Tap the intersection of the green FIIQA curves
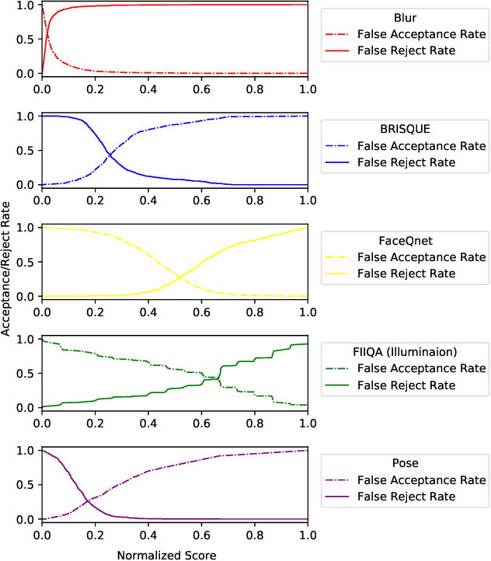219,378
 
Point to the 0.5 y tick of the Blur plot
25,39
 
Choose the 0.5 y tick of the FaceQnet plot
25,262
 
